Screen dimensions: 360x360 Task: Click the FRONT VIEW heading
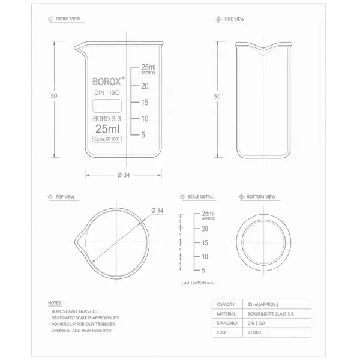click(x=68, y=19)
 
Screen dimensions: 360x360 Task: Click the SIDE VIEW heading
click(x=234, y=19)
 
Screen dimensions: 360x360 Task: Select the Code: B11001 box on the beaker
click(x=107, y=139)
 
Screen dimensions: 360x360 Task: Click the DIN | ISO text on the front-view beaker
click(x=107, y=92)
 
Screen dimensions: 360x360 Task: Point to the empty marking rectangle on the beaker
click(x=107, y=106)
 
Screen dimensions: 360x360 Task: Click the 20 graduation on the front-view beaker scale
click(x=145, y=86)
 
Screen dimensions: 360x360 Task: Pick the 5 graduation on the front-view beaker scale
click(x=143, y=135)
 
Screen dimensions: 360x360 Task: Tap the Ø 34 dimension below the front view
click(x=124, y=175)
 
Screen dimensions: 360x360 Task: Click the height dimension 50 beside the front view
click(x=54, y=96)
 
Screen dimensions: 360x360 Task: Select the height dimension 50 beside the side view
click(x=217, y=96)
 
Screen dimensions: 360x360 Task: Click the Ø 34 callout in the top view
click(x=158, y=211)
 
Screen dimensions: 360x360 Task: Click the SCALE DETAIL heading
click(x=200, y=197)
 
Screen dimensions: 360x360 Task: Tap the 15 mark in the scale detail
click(x=205, y=242)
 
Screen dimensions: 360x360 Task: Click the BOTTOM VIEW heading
click(x=261, y=197)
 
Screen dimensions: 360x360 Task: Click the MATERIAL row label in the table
click(x=226, y=313)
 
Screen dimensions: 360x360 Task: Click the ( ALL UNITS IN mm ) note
click(x=198, y=283)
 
